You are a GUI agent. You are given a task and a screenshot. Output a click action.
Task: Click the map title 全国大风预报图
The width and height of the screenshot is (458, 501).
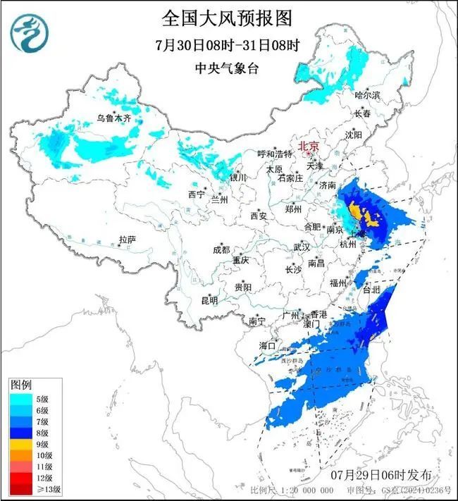[227, 16]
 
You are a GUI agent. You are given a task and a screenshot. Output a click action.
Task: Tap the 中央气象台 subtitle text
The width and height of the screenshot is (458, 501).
[227, 68]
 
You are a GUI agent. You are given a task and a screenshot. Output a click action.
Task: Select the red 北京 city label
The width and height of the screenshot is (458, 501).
[309, 147]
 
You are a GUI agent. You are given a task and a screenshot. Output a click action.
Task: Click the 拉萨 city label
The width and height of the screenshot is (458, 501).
[127, 240]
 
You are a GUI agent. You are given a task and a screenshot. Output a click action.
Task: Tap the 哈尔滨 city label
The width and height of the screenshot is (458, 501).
[367, 94]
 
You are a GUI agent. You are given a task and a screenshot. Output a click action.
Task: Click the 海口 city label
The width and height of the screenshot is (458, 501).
[267, 345]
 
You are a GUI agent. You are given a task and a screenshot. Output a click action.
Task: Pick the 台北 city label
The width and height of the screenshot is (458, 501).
[370, 289]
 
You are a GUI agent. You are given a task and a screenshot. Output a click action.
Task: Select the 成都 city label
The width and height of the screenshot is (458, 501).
[221, 249]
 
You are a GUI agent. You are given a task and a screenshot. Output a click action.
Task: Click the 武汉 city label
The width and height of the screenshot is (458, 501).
[301, 247]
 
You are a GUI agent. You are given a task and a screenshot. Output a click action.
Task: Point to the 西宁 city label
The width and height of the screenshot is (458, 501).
[196, 194]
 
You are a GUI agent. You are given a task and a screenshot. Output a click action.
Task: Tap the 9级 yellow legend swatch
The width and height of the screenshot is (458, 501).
[20, 445]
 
